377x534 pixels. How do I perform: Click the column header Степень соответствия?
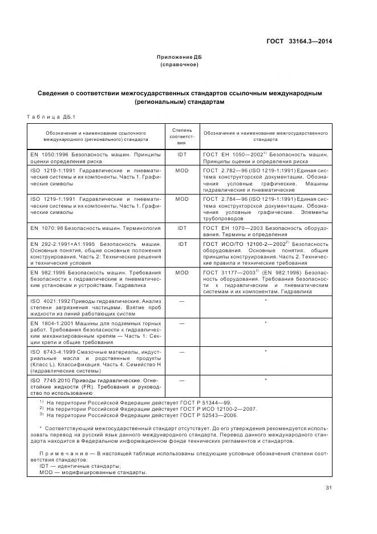tap(182, 137)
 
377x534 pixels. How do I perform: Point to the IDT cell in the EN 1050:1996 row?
tap(182, 155)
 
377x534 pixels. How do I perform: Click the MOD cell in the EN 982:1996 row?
tap(182, 273)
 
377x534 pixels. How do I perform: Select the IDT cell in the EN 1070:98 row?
tap(182, 228)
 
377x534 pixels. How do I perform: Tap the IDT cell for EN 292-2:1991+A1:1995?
tap(182, 244)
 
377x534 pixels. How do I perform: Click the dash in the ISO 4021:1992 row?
tap(182, 300)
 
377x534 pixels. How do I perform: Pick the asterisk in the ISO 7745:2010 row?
tap(266, 379)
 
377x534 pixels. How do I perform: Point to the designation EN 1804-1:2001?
tap(54, 323)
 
